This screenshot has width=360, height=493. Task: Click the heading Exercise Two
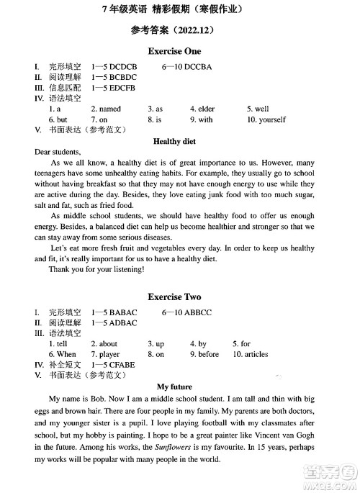point(174,297)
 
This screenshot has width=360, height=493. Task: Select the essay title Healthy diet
point(175,142)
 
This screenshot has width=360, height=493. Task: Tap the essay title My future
point(174,387)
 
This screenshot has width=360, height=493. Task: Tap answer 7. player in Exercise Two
point(105,354)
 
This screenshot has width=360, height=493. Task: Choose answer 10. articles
point(250,354)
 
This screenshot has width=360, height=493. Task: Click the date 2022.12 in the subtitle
point(192,31)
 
